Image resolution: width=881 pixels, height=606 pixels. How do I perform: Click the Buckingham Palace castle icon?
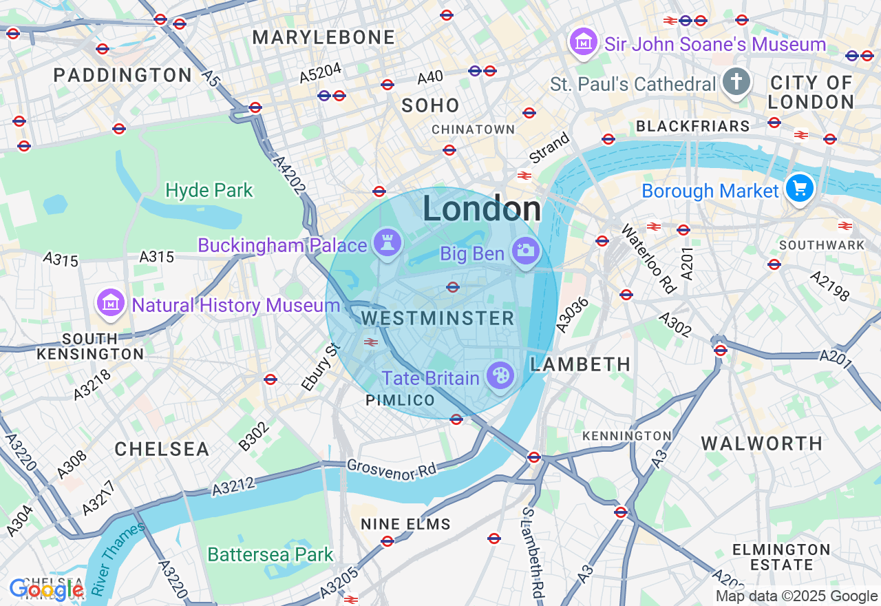point(388,243)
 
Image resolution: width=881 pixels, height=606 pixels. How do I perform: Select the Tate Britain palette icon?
point(499,376)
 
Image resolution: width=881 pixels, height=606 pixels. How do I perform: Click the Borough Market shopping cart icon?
point(799,187)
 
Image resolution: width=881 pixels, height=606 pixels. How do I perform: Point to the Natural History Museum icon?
point(111,303)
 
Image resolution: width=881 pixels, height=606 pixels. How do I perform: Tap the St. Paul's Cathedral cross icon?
point(736,82)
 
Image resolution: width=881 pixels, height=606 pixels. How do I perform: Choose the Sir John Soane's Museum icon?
point(584,42)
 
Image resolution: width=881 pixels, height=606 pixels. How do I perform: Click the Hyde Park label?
point(209,190)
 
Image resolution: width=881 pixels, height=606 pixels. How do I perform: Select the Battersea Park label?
point(270,554)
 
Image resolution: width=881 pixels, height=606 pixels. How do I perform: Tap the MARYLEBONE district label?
point(323,37)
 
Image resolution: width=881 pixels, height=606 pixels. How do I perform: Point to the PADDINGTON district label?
point(123,75)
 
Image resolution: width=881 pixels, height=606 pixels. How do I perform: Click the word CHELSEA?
point(162,449)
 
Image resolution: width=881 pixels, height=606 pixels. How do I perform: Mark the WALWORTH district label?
point(761,443)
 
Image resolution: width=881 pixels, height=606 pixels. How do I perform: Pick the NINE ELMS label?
point(405,524)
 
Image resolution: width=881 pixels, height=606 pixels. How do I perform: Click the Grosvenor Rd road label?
point(392,470)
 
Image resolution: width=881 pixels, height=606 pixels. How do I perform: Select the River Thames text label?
point(118,558)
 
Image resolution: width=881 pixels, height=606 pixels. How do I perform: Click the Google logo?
point(46,589)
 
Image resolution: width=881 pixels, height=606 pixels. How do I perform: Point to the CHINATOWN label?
point(473,129)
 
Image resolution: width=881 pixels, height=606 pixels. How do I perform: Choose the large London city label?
point(482,209)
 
